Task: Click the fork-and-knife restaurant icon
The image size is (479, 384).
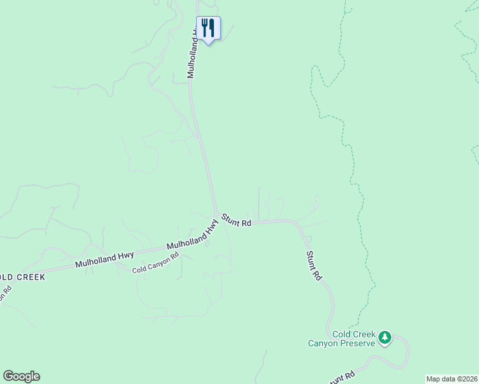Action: (208, 28)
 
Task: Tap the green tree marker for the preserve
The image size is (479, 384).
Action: (384, 337)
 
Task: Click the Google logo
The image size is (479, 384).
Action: (21, 376)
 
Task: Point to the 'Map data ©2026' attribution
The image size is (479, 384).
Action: (451, 379)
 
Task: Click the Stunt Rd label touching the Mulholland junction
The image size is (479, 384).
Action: (236, 221)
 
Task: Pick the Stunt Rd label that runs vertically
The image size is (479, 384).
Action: (313, 266)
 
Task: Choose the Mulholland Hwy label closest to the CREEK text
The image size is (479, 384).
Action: (104, 258)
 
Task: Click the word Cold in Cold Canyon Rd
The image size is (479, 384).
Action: (140, 269)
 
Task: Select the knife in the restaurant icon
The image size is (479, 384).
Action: (211, 28)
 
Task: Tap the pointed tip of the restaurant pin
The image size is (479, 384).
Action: (208, 45)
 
